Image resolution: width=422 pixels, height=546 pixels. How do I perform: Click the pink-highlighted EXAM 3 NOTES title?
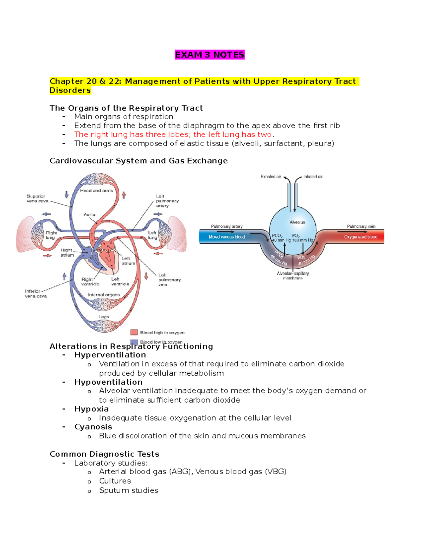click(210, 55)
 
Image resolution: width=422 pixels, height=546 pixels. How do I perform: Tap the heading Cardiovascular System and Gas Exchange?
click(139, 161)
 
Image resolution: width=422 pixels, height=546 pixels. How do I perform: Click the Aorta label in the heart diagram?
click(89, 214)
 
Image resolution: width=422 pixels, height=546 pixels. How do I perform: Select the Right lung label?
click(51, 235)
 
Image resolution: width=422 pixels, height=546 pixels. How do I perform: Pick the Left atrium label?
click(128, 261)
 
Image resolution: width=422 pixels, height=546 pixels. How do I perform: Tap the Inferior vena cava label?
click(36, 294)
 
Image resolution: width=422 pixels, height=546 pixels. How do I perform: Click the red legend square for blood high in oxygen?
click(134, 332)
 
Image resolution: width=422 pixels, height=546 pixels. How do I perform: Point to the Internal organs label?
click(104, 295)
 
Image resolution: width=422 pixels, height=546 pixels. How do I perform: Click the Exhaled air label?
click(271, 177)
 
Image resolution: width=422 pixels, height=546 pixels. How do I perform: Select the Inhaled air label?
click(313, 177)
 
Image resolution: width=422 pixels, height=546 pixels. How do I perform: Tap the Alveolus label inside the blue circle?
click(297, 222)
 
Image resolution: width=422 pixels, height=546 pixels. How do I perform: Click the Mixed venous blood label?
click(227, 237)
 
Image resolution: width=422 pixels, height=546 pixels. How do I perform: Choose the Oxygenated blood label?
click(360, 237)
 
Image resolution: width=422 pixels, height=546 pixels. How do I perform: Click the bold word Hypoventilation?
click(108, 382)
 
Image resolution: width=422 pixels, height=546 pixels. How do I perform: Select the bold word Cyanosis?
click(93, 427)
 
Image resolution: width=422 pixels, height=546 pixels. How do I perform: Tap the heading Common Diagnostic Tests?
click(104, 454)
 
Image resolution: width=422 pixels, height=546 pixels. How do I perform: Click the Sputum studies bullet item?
click(128, 490)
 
